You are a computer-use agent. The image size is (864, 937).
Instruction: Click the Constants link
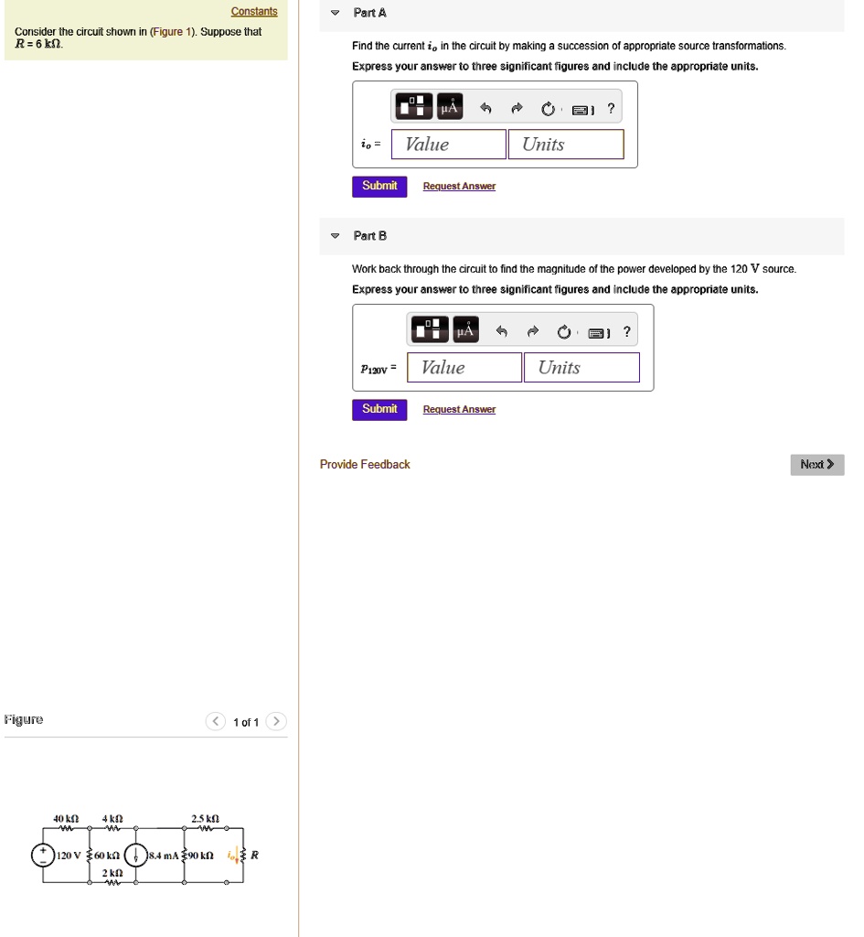(254, 12)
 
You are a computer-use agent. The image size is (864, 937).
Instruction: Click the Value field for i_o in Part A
(448, 145)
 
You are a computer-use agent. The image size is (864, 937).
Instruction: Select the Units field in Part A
(566, 145)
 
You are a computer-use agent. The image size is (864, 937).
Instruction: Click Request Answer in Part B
(459, 409)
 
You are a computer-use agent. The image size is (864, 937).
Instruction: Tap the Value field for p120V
(464, 368)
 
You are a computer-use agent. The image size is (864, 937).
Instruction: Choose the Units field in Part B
(581, 368)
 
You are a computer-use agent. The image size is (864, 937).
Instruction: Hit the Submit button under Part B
(379, 409)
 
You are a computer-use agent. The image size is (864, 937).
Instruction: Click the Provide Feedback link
(365, 465)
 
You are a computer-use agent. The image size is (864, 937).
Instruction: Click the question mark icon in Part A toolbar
(611, 109)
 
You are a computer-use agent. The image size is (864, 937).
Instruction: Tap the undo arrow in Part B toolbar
(502, 331)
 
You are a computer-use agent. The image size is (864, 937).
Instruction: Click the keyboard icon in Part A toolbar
(581, 110)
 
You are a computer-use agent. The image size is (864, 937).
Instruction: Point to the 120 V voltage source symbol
(42, 855)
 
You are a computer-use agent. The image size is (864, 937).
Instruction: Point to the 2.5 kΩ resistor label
(204, 818)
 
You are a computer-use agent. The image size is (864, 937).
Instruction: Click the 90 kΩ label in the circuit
(201, 856)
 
